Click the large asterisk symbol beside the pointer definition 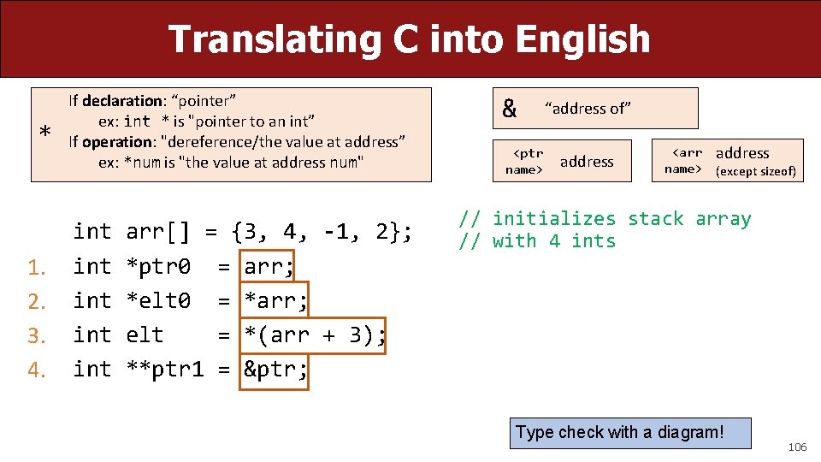click(x=44, y=132)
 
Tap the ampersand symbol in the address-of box click(x=510, y=109)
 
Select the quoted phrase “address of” click(x=588, y=108)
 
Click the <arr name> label click(x=684, y=161)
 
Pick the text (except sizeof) click(x=755, y=171)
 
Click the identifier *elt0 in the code click(x=158, y=300)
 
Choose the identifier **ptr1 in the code click(x=165, y=369)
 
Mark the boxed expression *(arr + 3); click(x=314, y=335)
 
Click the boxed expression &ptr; click(x=275, y=369)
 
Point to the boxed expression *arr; click(x=275, y=300)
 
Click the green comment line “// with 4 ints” click(x=537, y=241)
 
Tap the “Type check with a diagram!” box click(x=630, y=433)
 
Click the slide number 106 click(x=797, y=447)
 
